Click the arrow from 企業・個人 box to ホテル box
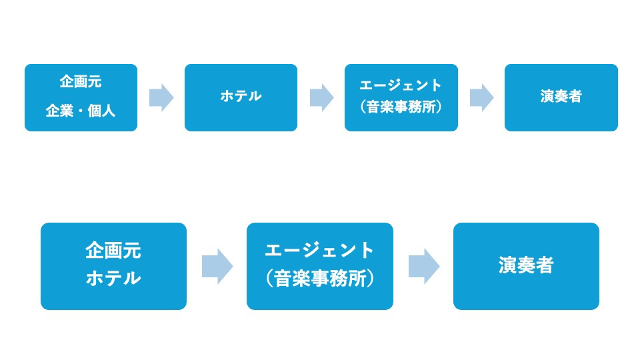pos(161,97)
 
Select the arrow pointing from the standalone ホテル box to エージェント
pos(321,97)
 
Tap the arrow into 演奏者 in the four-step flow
pos(481,97)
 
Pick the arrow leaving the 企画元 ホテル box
pos(217,266)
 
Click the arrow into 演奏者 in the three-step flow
pos(424,266)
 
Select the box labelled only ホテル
pos(241,97)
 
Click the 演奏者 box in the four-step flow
pos(561,97)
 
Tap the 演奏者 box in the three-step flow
pos(526,266)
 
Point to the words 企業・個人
pos(81,111)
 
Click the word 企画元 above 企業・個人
pos(81,82)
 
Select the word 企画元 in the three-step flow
pos(113,251)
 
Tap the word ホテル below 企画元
pos(113,278)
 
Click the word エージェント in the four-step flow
pos(401,85)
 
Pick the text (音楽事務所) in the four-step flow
pos(401,107)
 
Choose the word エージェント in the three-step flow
pos(320,251)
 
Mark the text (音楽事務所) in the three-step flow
pos(320,278)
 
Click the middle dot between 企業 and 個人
pos(81,111)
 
